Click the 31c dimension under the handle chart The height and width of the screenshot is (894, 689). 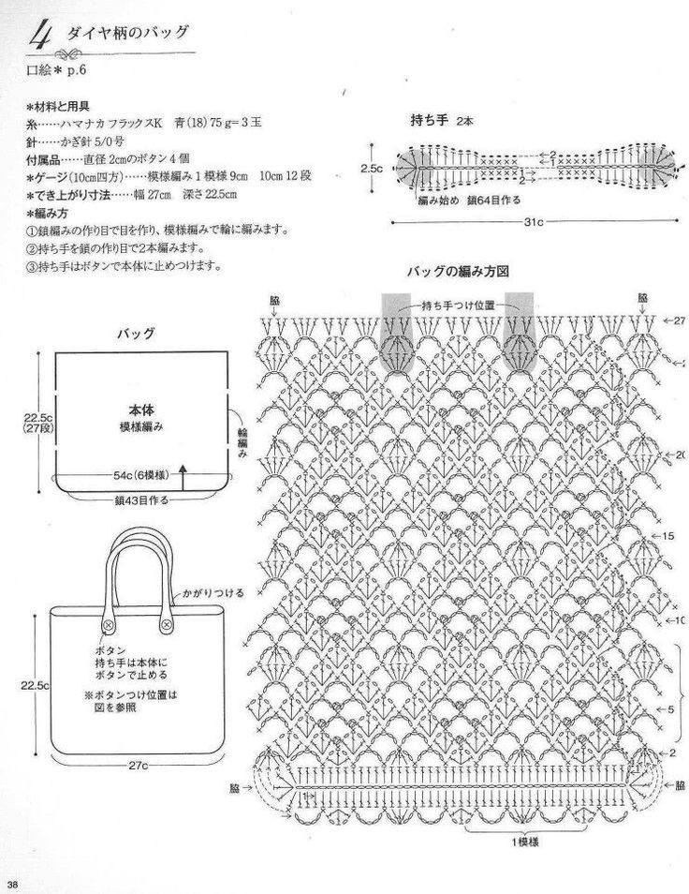pyautogui.click(x=535, y=222)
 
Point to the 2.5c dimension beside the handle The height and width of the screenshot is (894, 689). pyautogui.click(x=372, y=168)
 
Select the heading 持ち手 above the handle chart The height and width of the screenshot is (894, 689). pyautogui.click(x=432, y=121)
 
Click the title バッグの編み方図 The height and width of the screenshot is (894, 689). pyautogui.click(x=457, y=272)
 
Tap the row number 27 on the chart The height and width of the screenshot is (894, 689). pyautogui.click(x=679, y=321)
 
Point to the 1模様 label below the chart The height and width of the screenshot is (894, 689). pyautogui.click(x=524, y=842)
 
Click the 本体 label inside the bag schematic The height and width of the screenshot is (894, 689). pyautogui.click(x=142, y=410)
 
